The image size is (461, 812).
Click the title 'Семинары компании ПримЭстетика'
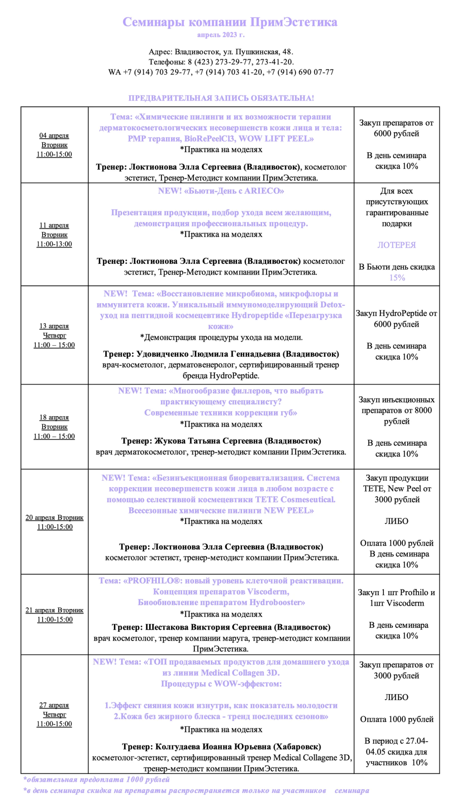[230, 22]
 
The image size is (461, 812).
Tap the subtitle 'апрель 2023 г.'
[221, 35]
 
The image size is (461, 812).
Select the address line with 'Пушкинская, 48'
[221, 52]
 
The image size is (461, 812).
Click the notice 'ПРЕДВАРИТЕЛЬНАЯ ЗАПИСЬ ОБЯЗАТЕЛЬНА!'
[221, 98]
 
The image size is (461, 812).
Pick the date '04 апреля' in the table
[54, 136]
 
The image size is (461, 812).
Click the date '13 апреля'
[54, 326]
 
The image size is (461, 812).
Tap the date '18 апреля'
[54, 417]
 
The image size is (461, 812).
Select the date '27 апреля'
[54, 705]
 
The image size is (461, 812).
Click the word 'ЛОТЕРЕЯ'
[396, 245]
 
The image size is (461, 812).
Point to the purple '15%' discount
[397, 278]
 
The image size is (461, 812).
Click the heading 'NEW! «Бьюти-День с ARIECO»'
[221, 191]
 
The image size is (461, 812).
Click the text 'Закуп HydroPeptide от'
[396, 313]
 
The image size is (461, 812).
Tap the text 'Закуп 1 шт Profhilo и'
[396, 592]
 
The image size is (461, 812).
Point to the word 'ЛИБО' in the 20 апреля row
[396, 521]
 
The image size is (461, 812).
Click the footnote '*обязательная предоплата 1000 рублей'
[97, 780]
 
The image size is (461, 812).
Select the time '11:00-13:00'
[54, 244]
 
